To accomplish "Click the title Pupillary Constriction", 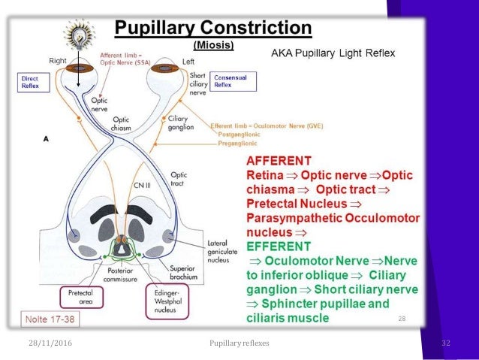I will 212,29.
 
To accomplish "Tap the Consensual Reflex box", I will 234,81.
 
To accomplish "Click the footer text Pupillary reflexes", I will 239,343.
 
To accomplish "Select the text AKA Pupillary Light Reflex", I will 333,53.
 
